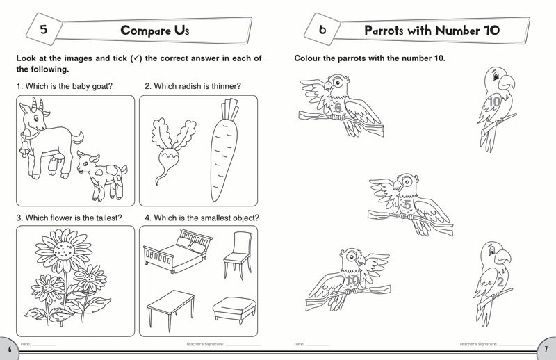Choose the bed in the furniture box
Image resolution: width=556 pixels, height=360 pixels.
(x=172, y=254)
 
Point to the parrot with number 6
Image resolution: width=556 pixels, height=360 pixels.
(x=337, y=104)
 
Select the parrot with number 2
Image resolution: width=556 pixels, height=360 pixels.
(x=493, y=277)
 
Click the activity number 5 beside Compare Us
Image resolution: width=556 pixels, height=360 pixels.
(x=43, y=31)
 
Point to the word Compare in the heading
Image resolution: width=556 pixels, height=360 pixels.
(x=147, y=31)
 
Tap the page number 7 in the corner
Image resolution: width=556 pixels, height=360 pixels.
(x=547, y=347)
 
